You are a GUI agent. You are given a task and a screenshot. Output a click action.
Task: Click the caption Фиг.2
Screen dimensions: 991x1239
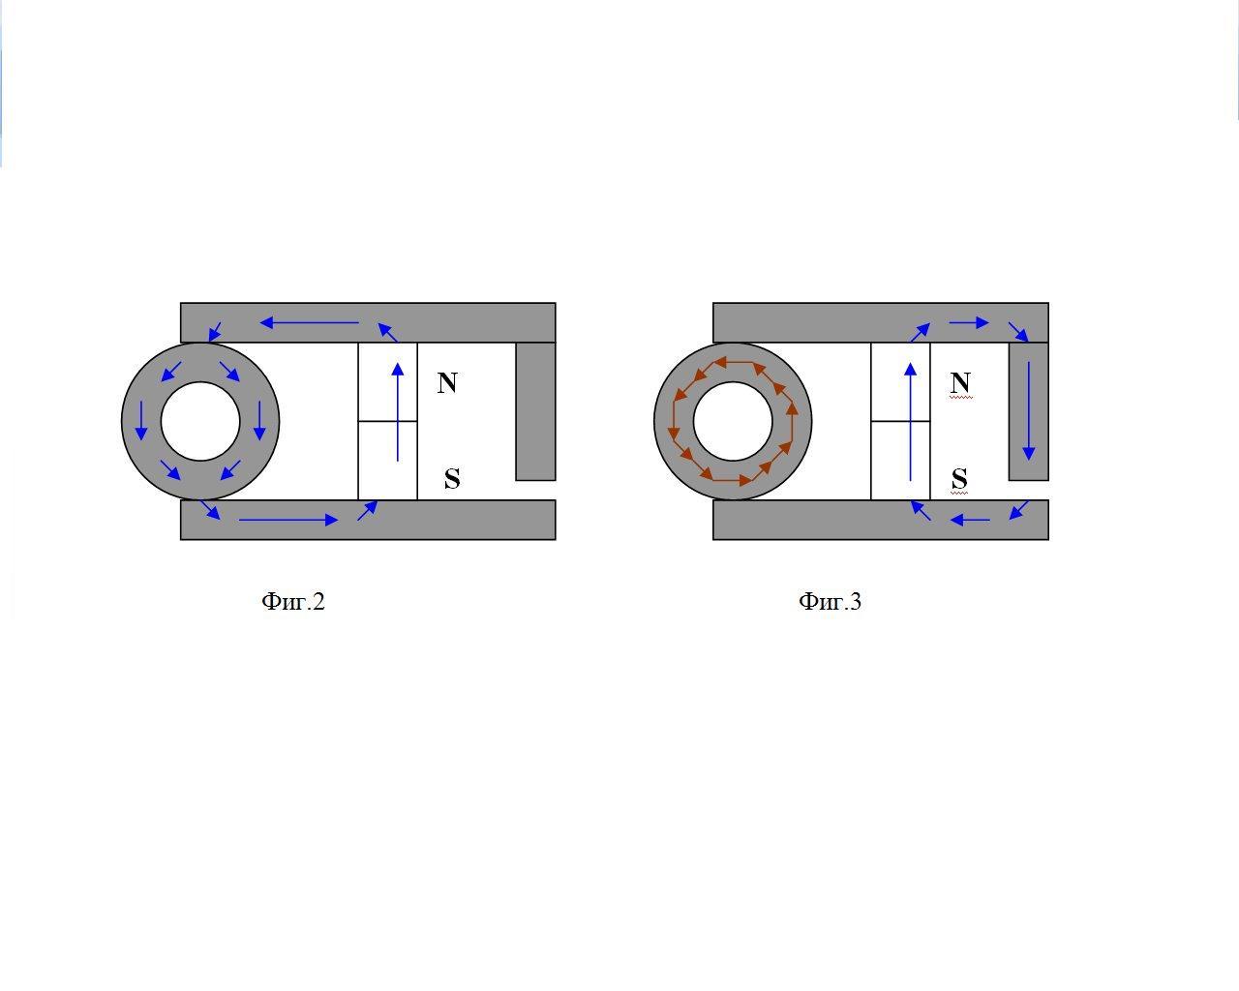(x=293, y=602)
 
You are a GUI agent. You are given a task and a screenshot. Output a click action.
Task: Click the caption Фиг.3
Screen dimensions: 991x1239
(x=830, y=602)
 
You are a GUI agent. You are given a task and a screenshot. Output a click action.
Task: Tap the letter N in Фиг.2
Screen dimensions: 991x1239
(x=447, y=383)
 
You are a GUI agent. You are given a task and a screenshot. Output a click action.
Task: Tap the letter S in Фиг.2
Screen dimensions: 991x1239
(x=452, y=478)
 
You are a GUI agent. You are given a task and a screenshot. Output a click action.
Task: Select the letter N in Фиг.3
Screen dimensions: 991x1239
(x=960, y=383)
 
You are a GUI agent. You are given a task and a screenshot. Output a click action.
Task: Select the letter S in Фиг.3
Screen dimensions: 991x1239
(x=959, y=478)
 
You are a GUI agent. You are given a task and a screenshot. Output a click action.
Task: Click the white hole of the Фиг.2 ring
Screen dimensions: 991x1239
(x=200, y=421)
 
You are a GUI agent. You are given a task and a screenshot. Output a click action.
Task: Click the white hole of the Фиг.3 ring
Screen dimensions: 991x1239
(x=733, y=421)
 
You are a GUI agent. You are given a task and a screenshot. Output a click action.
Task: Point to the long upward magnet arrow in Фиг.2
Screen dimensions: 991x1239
(x=398, y=411)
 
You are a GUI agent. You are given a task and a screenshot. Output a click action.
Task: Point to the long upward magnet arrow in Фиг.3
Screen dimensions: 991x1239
(x=910, y=421)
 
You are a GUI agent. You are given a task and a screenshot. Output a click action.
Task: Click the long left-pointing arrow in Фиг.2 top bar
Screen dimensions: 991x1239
(x=310, y=322)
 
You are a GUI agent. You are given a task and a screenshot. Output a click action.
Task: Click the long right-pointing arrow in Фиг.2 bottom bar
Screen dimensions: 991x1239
(x=288, y=520)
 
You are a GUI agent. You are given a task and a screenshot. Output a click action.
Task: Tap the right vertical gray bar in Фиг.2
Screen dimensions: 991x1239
(x=535, y=411)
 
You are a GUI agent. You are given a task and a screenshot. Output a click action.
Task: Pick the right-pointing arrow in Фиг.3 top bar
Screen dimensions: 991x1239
(x=969, y=322)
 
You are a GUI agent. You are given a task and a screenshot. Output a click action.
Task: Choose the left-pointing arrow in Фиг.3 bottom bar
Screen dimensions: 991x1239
(x=970, y=520)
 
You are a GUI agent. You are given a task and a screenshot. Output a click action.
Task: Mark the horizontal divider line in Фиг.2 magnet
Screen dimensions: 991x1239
(x=387, y=421)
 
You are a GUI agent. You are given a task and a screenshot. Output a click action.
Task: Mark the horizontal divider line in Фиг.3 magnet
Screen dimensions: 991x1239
(x=900, y=421)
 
